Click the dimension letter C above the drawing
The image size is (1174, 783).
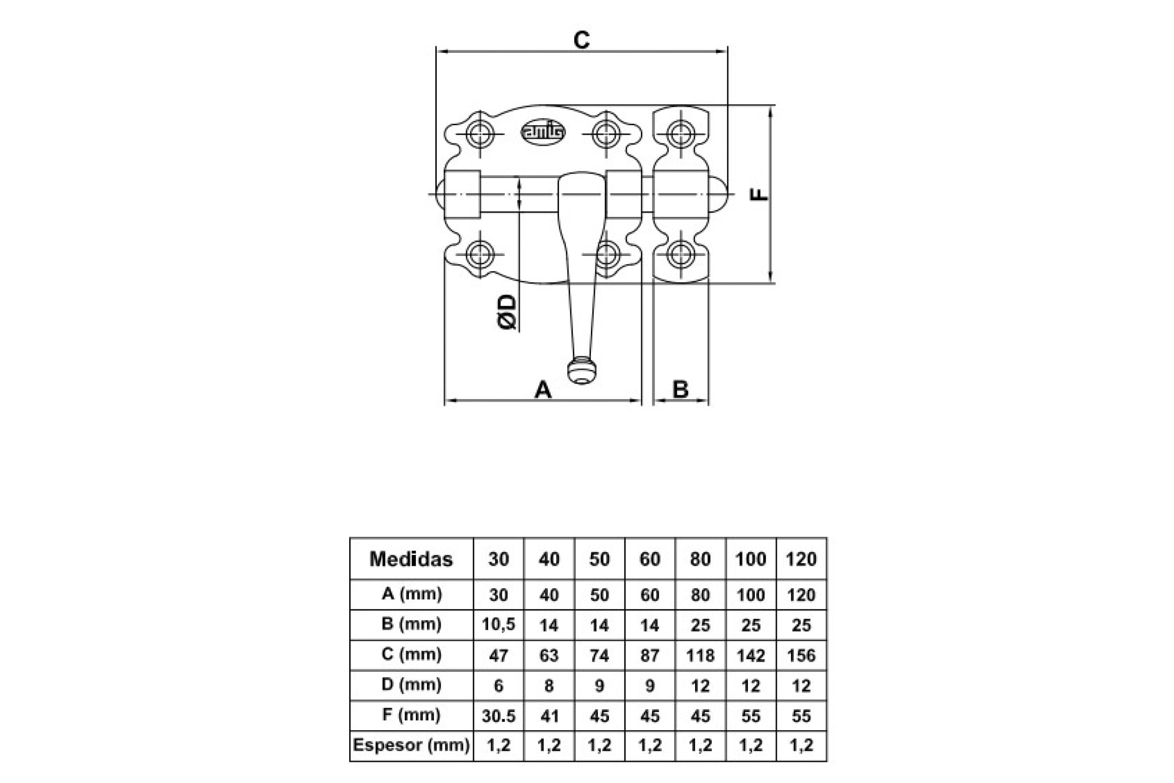[x=582, y=40]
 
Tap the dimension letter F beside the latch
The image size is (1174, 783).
[x=759, y=194]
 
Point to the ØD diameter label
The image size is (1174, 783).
[x=507, y=312]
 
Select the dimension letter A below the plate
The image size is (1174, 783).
[x=543, y=390]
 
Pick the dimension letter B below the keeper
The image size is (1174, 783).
[x=680, y=390]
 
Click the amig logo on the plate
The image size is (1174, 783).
[x=543, y=132]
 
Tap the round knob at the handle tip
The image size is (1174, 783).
[x=582, y=371]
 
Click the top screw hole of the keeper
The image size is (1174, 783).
[x=680, y=134]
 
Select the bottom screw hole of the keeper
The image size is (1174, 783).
[x=680, y=253]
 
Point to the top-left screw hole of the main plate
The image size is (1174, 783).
[x=480, y=134]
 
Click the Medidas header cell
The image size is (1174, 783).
[x=411, y=559]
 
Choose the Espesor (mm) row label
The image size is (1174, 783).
[x=411, y=745]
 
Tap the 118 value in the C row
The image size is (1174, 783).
[x=700, y=655]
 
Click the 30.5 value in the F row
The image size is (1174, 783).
[x=498, y=716]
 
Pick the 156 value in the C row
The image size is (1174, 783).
[x=801, y=655]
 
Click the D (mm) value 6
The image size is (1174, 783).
[x=498, y=686]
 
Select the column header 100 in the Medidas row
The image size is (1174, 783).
[x=751, y=559]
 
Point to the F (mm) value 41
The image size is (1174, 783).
[x=549, y=716]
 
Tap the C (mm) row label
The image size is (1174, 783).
[x=411, y=654]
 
